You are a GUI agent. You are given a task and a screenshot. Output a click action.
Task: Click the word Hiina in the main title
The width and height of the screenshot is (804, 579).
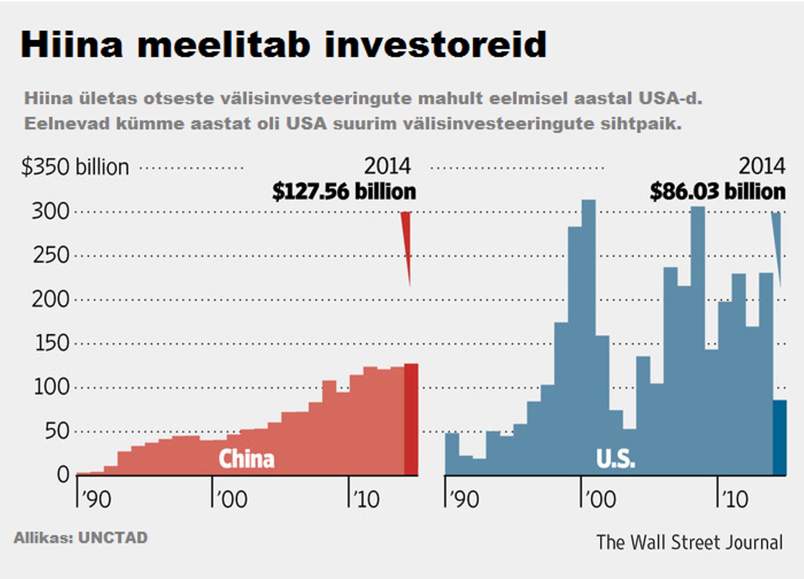(72, 44)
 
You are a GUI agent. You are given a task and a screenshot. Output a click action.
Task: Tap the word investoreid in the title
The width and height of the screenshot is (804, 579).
(435, 44)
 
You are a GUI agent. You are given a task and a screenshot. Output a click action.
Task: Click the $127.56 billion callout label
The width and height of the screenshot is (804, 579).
(344, 191)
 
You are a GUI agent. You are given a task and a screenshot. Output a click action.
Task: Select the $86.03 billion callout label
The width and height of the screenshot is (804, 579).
(717, 191)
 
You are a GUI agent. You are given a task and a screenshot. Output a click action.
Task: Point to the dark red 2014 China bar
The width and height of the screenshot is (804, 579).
(411, 419)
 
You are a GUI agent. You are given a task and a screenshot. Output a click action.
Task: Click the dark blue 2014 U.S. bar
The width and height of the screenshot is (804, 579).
(779, 438)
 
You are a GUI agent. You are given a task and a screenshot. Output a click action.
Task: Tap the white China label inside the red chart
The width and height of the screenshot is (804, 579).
(246, 459)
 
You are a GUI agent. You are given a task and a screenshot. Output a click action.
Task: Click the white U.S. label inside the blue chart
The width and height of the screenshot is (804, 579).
(615, 459)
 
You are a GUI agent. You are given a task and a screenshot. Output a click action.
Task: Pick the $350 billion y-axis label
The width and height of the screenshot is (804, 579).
(75, 167)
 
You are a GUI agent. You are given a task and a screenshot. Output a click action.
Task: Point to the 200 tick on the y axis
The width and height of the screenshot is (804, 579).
(50, 300)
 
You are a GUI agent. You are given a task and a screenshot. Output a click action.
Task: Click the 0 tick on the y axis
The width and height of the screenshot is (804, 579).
(63, 475)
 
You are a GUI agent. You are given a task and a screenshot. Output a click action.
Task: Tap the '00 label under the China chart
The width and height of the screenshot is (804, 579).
(232, 499)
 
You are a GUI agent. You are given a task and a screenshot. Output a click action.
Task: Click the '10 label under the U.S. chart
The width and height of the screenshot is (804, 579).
(734, 499)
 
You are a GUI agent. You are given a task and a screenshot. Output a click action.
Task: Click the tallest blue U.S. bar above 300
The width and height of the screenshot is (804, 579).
(588, 335)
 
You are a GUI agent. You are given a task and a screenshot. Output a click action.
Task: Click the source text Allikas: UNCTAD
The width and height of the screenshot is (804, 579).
(80, 538)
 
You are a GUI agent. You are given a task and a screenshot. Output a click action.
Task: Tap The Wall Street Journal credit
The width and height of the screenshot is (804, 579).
(689, 542)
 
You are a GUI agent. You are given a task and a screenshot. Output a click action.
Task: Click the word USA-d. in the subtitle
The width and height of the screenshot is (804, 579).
(670, 98)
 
